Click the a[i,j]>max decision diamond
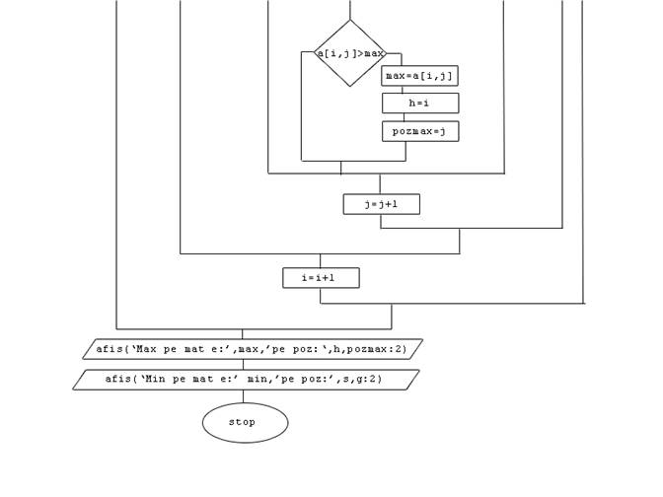point(349,53)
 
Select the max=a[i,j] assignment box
point(420,76)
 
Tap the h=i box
point(420,104)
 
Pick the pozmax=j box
point(420,131)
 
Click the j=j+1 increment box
point(381,204)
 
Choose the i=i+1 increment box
point(321,278)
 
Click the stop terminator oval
point(245,423)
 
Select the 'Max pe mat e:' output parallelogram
point(252,349)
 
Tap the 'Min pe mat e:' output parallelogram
point(246,380)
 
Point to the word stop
point(243,422)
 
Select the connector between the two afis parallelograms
point(243,365)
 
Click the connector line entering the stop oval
point(243,396)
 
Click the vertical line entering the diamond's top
point(350,10)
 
